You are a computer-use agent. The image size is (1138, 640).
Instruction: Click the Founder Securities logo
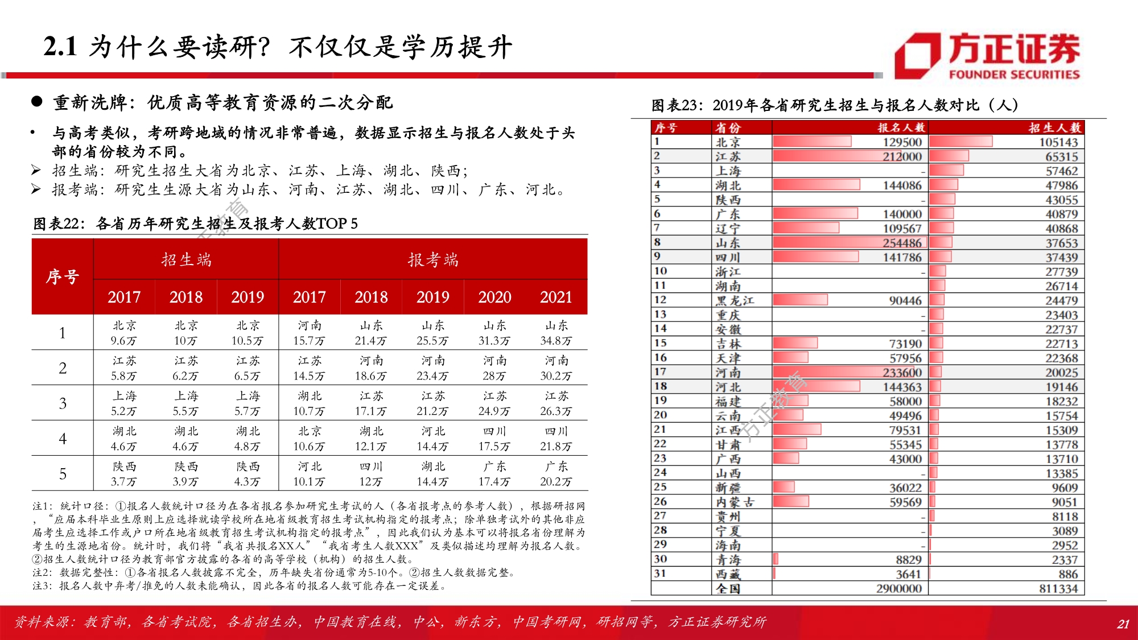[987, 56]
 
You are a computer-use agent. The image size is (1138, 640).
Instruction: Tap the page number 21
[1123, 624]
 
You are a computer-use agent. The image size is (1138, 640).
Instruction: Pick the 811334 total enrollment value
[1058, 588]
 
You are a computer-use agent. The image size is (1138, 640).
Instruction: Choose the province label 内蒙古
[735, 502]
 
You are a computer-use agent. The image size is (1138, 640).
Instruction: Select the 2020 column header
[494, 297]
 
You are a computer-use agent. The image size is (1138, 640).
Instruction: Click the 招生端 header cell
[186, 260]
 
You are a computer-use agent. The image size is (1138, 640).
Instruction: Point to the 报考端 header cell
[433, 260]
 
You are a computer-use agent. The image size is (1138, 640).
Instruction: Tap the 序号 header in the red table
[63, 277]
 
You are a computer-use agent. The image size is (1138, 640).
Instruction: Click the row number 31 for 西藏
[660, 573]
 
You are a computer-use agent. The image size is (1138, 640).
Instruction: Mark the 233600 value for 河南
[902, 373]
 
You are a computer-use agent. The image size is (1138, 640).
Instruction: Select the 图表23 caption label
[677, 105]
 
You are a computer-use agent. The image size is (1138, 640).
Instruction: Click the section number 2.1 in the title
[60, 47]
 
